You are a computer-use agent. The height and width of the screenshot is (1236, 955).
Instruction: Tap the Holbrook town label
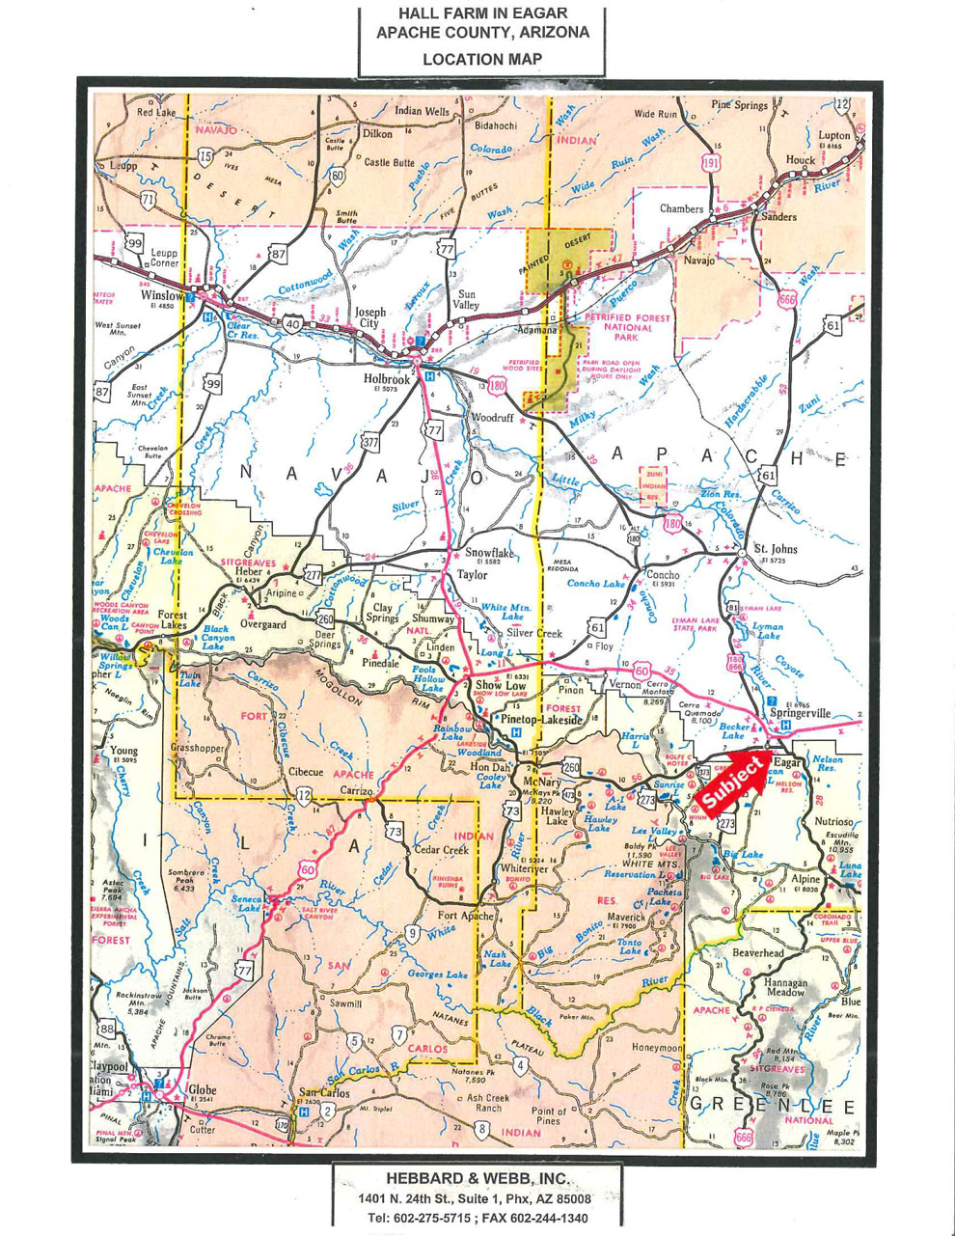387,378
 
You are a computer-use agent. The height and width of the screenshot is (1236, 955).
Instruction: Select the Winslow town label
162,295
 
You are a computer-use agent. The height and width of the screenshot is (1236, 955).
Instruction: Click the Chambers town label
681,208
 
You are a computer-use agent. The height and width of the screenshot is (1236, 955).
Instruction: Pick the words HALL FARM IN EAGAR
482,13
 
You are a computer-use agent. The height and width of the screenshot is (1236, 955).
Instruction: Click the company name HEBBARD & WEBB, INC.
477,1178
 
